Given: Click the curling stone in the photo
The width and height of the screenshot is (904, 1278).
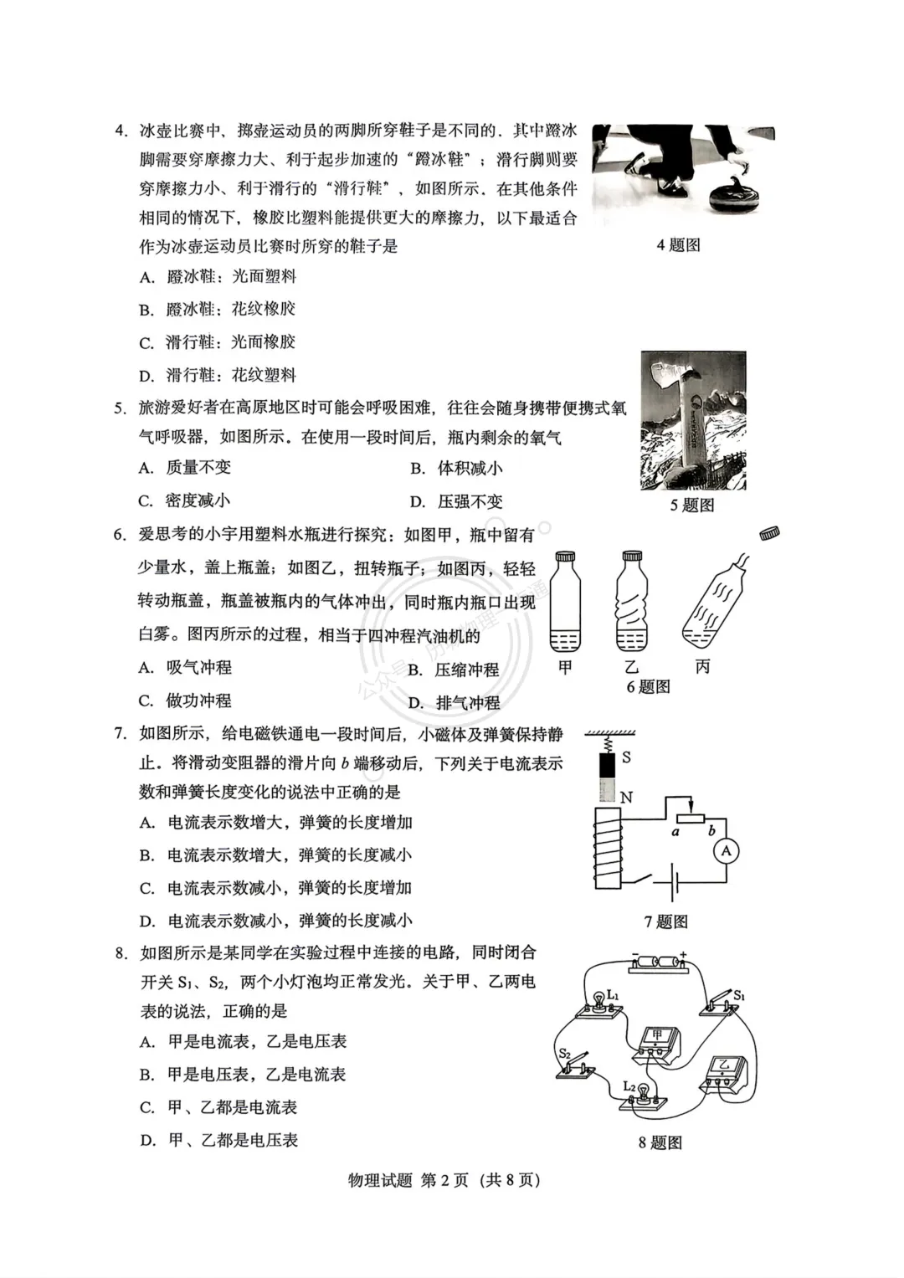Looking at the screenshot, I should pyautogui.click(x=737, y=199).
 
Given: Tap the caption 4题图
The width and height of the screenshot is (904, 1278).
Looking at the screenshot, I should pyautogui.click(x=678, y=245).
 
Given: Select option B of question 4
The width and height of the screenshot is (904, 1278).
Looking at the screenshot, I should pyautogui.click(x=218, y=310).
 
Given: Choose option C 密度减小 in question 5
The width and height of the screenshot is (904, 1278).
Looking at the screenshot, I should pyautogui.click(x=185, y=500).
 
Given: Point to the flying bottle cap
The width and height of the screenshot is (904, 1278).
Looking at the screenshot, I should pyautogui.click(x=769, y=533).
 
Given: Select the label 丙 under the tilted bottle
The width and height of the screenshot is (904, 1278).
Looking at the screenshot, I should pyautogui.click(x=702, y=666).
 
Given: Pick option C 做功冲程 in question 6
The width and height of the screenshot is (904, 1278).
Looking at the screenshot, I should pyautogui.click(x=186, y=701).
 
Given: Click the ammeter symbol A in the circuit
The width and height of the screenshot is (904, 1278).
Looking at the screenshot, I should pyautogui.click(x=727, y=851).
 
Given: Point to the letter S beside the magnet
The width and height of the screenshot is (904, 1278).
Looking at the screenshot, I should pyautogui.click(x=626, y=757).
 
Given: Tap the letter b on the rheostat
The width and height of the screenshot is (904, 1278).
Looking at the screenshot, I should pyautogui.click(x=711, y=831).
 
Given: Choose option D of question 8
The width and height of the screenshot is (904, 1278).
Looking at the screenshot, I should pyautogui.click(x=219, y=1140).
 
